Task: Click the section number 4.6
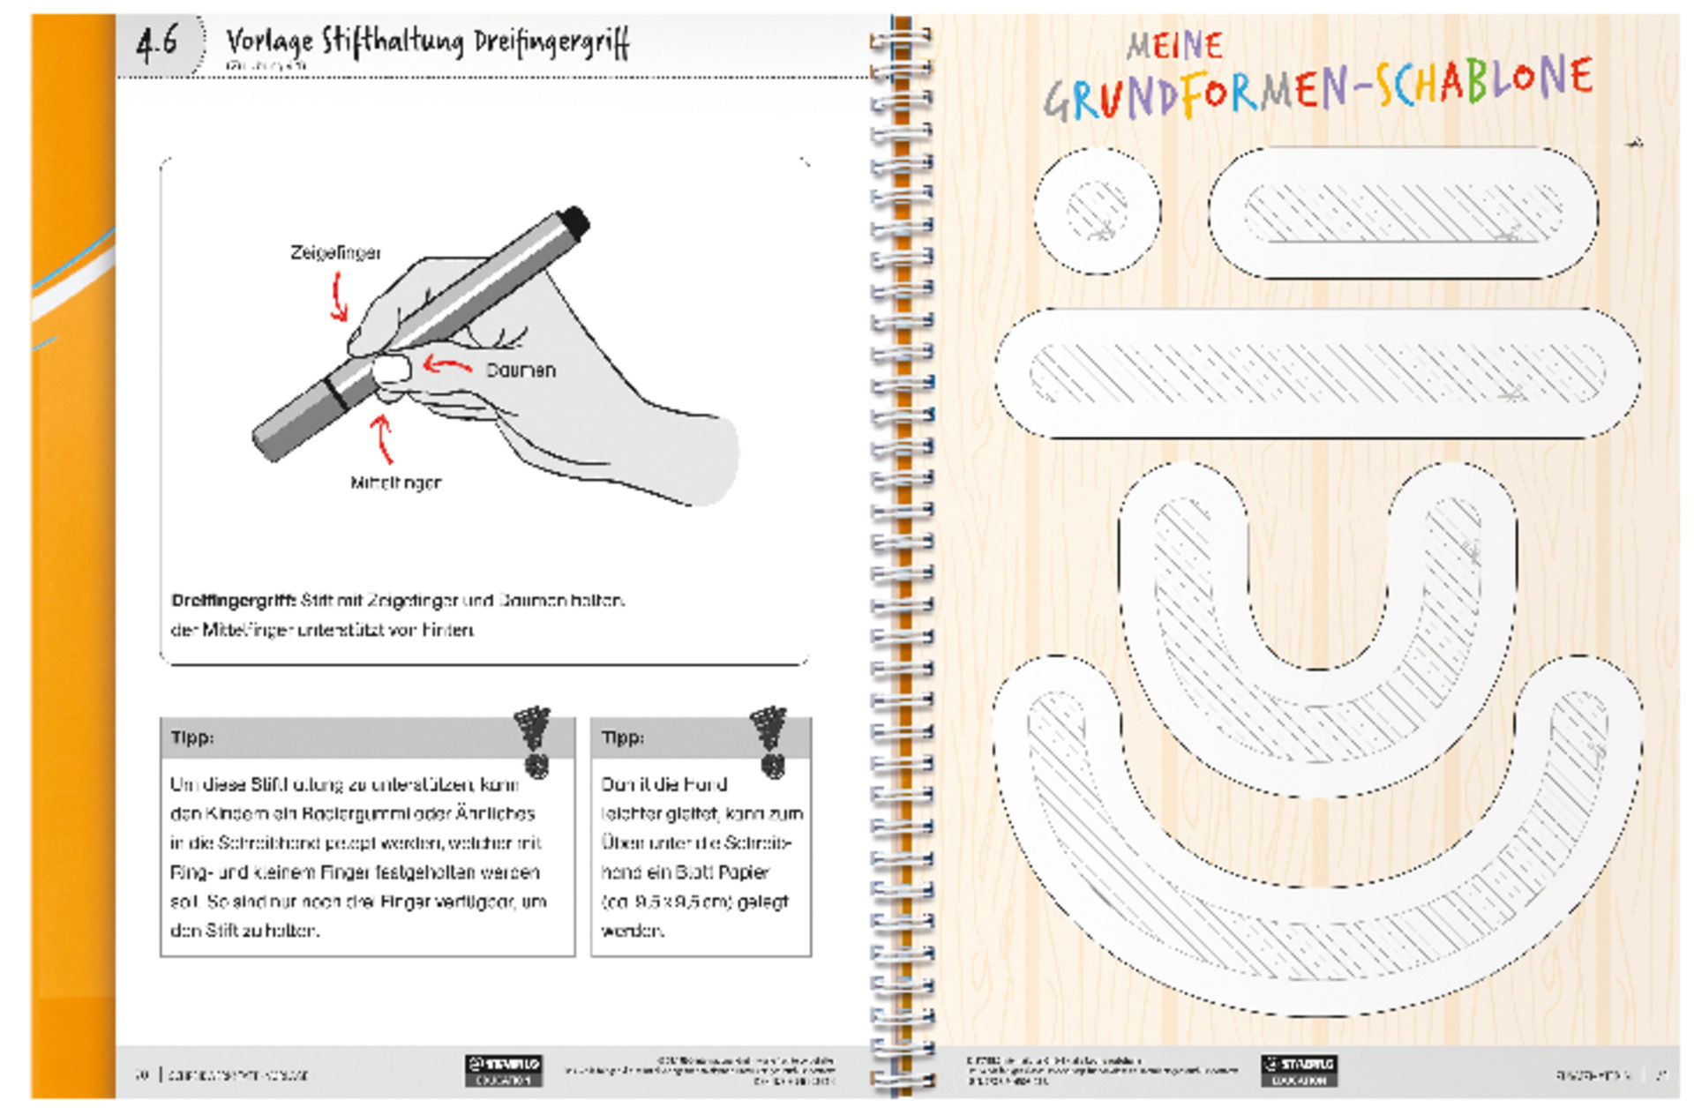(x=156, y=41)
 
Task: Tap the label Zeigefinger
(x=335, y=253)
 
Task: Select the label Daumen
(x=521, y=370)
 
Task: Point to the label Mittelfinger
(x=395, y=483)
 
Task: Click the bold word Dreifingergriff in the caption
(x=234, y=601)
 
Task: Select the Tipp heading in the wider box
(x=191, y=737)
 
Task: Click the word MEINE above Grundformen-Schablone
(x=1174, y=45)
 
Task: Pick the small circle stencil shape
(x=1097, y=211)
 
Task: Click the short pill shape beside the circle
(x=1403, y=213)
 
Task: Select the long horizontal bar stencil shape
(x=1316, y=373)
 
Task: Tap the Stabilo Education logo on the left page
(x=503, y=1070)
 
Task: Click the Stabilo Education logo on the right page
(x=1298, y=1070)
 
